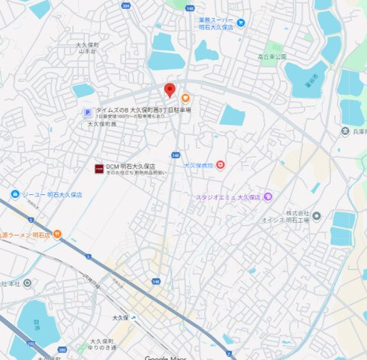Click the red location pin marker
coord(170,91)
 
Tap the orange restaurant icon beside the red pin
coord(185,97)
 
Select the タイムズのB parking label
coord(143,110)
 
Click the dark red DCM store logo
coord(98,169)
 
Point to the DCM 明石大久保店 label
coord(131,166)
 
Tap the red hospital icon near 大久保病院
coord(221,164)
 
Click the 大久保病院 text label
coord(199,164)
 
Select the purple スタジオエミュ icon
coord(269,197)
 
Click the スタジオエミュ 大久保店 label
coord(227,197)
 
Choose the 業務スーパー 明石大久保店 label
coord(221,23)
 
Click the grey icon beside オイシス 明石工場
coord(317,216)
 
